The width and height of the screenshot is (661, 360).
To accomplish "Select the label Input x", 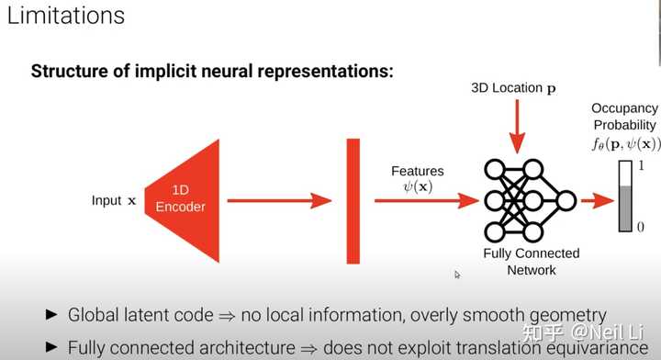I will [114, 200].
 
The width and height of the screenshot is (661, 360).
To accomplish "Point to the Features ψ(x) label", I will [417, 179].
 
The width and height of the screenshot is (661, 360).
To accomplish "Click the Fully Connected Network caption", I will [532, 261].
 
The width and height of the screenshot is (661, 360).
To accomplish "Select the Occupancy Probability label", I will [624, 117].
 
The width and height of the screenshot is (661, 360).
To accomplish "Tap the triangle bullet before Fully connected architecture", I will [52, 347].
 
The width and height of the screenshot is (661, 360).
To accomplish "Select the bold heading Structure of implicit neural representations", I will [212, 71].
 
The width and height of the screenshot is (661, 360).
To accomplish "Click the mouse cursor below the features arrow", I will [457, 274].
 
